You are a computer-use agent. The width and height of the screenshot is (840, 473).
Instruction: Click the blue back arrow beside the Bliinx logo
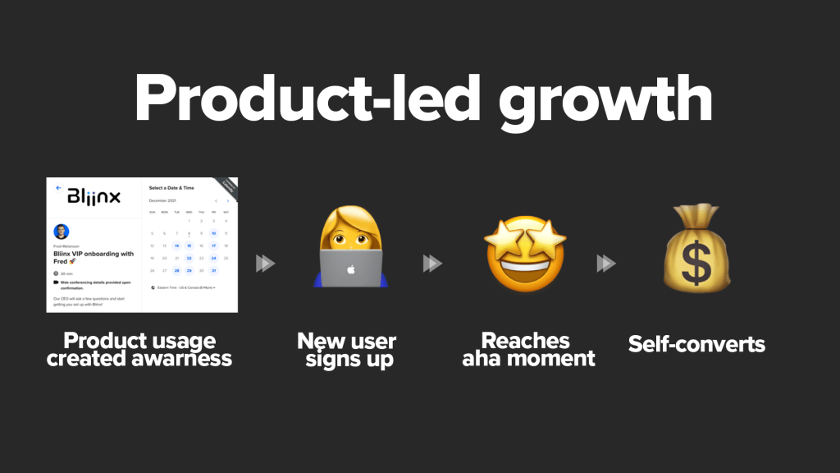pos(58,187)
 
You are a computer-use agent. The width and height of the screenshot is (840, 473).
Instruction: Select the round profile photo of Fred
pos(61,232)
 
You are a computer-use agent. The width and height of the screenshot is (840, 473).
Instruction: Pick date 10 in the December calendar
pos(213,233)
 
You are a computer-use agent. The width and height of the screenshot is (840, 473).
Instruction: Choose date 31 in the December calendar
pos(213,270)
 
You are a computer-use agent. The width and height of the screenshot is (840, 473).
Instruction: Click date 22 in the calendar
pos(189,258)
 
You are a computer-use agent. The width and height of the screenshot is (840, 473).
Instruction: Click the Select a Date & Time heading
pos(171,188)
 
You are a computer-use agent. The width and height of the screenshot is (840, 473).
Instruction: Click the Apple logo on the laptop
pos(349,269)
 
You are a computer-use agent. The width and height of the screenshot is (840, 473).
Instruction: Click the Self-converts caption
pos(696,343)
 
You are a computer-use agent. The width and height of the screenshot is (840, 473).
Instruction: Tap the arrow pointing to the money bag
pos(606,264)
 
